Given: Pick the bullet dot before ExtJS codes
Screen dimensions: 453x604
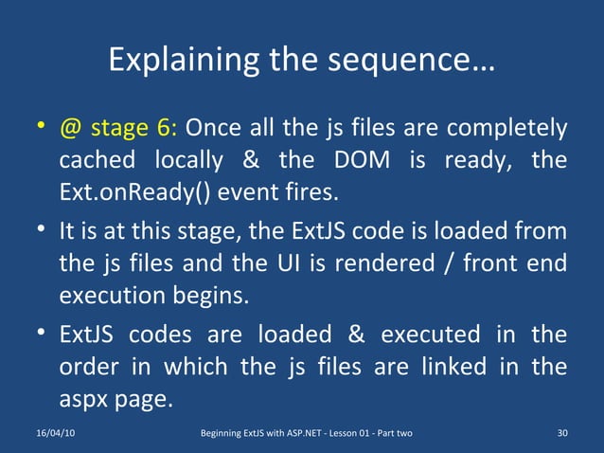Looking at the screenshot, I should click(39, 335).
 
